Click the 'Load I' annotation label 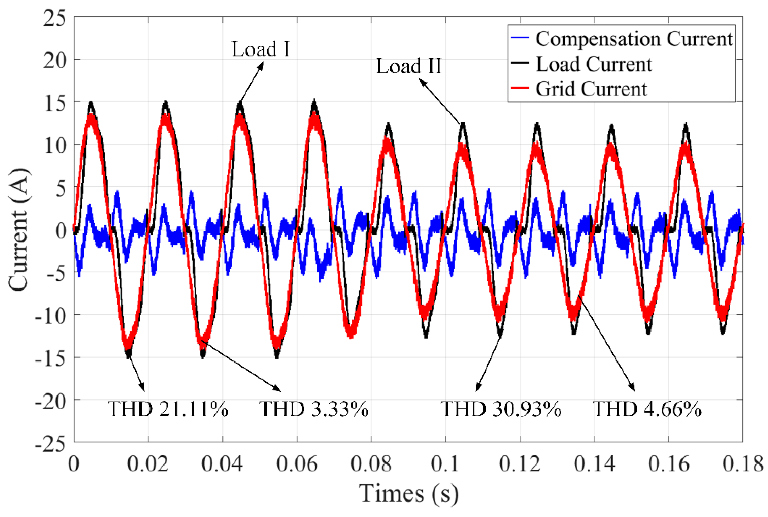(x=260, y=49)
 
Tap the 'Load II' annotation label (x=408, y=66)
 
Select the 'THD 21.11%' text (x=167, y=409)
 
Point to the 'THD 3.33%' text (x=313, y=409)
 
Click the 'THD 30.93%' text (x=501, y=409)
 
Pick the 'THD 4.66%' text (x=647, y=409)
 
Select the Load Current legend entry (x=594, y=64)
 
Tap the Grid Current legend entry (x=591, y=89)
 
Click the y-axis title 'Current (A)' (x=20, y=230)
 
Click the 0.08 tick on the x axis (x=371, y=464)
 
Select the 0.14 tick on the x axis (x=594, y=464)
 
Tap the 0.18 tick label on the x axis (x=743, y=464)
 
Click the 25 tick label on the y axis (x=55, y=18)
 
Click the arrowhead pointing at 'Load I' (x=261, y=65)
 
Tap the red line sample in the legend (x=520, y=88)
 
